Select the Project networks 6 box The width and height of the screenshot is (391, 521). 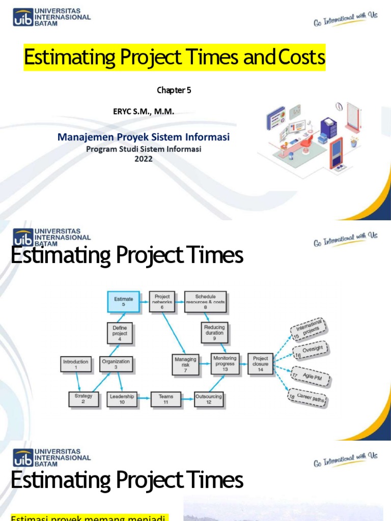(x=162, y=302)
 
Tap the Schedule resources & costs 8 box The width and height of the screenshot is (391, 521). (x=205, y=302)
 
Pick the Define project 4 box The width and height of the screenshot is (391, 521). (x=120, y=333)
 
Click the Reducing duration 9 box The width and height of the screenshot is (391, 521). (x=214, y=333)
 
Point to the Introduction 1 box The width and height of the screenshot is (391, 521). (x=76, y=364)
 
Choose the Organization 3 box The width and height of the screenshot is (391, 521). (x=116, y=364)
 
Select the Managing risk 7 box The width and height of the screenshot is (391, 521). (x=185, y=364)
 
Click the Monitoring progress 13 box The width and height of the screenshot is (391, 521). (x=225, y=364)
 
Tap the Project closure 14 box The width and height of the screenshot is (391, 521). (x=261, y=364)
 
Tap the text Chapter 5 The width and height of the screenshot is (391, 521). (x=174, y=91)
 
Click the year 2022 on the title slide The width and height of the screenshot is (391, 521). (x=143, y=158)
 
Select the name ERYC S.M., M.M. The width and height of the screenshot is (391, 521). (x=144, y=111)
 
